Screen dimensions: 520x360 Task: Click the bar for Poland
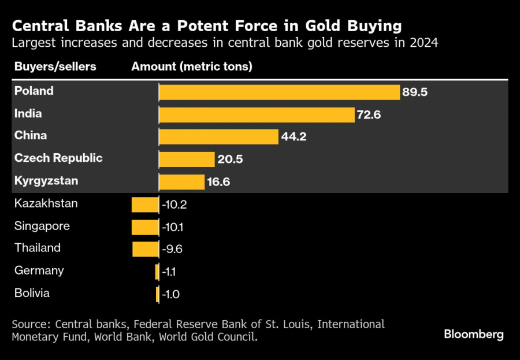[280, 92]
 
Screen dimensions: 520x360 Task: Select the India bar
[257, 115]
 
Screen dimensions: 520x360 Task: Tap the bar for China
[219, 137]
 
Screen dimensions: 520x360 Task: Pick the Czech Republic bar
[187, 159]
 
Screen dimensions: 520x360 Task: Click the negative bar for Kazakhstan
[145, 205]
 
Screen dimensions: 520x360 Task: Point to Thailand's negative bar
[146, 249]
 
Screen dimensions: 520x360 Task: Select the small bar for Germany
[157, 272]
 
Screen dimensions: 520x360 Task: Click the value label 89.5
[415, 92]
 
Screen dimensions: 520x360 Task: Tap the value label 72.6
[369, 115]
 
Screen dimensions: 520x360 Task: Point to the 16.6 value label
[218, 182]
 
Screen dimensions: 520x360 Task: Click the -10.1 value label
[172, 227]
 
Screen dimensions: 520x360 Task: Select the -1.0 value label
[171, 294]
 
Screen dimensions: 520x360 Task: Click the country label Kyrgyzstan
[46, 181]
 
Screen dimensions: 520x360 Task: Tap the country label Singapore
[42, 227]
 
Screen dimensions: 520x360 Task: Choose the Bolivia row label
[32, 293]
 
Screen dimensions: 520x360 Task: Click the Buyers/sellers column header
[55, 66]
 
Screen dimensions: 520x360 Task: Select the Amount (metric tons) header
[192, 66]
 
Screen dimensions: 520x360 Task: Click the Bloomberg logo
[474, 335]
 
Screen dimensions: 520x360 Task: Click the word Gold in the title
[322, 26]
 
